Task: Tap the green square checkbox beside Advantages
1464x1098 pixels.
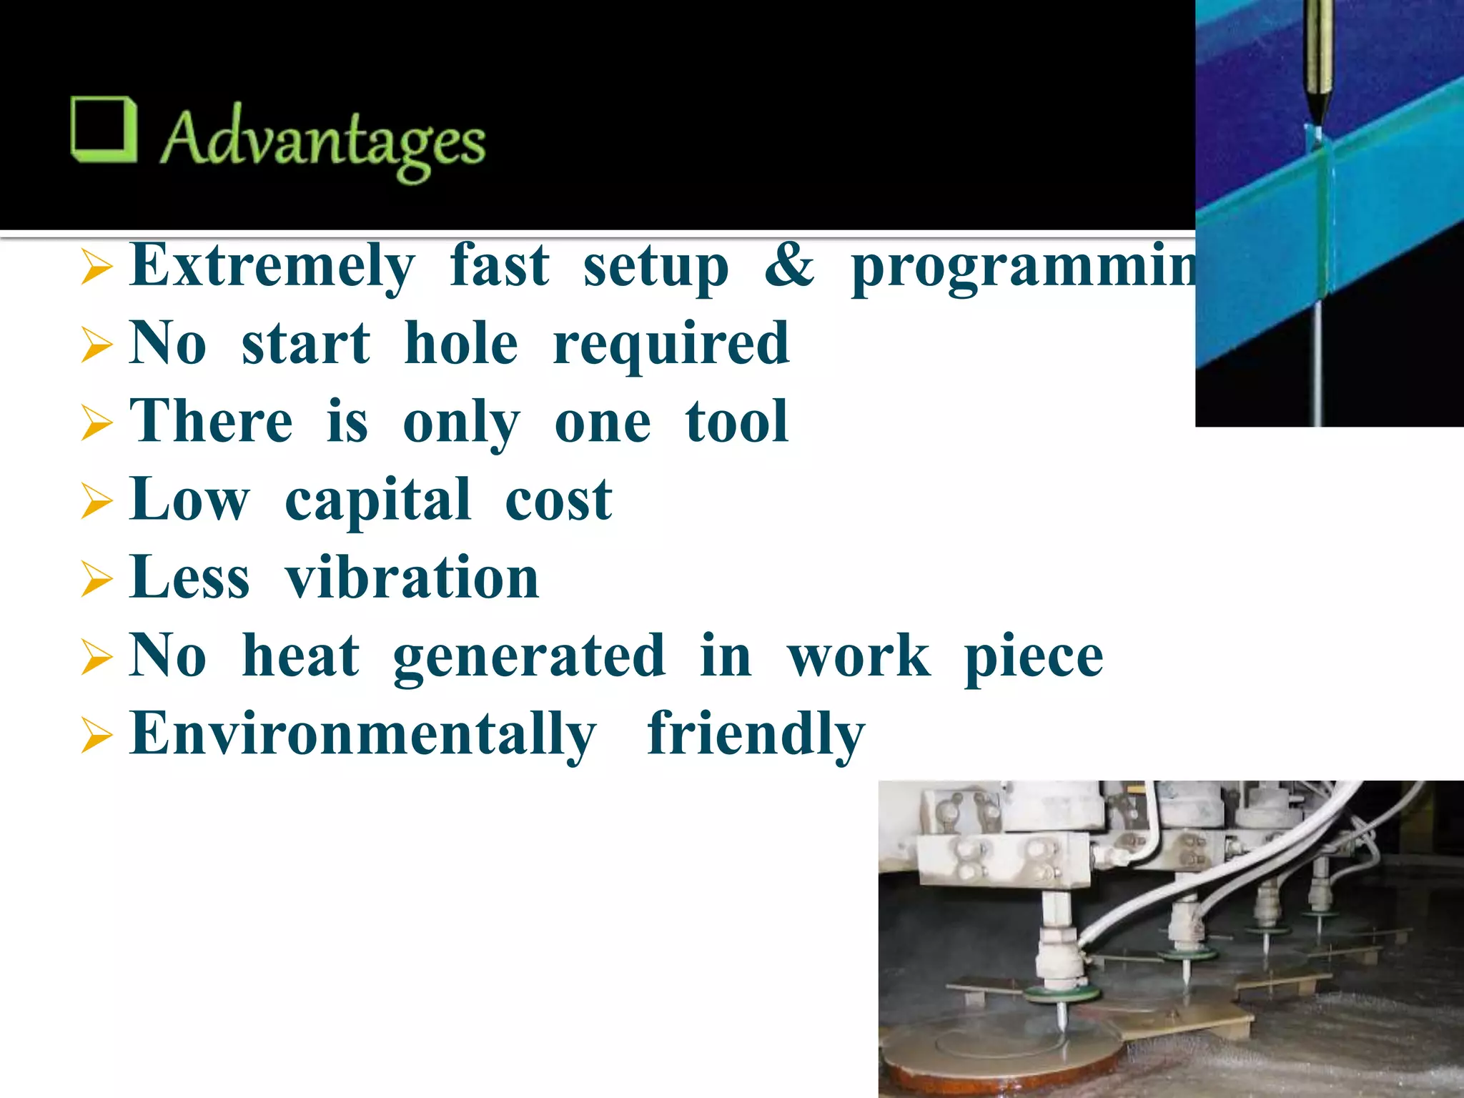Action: pos(104,129)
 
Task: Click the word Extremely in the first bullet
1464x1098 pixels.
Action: pos(272,266)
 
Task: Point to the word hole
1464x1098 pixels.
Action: pos(461,344)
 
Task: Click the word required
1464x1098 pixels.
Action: pos(671,344)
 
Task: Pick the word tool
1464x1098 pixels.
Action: pos(736,422)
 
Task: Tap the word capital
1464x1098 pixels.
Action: pos(378,500)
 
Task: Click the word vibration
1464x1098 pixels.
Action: pos(412,578)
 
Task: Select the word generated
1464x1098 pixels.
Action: pos(529,656)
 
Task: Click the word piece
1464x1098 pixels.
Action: pos(1033,656)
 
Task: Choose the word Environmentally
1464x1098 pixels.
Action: pos(363,734)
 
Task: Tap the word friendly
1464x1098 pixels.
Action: pos(756,734)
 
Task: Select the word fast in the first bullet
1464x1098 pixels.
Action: pos(499,266)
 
